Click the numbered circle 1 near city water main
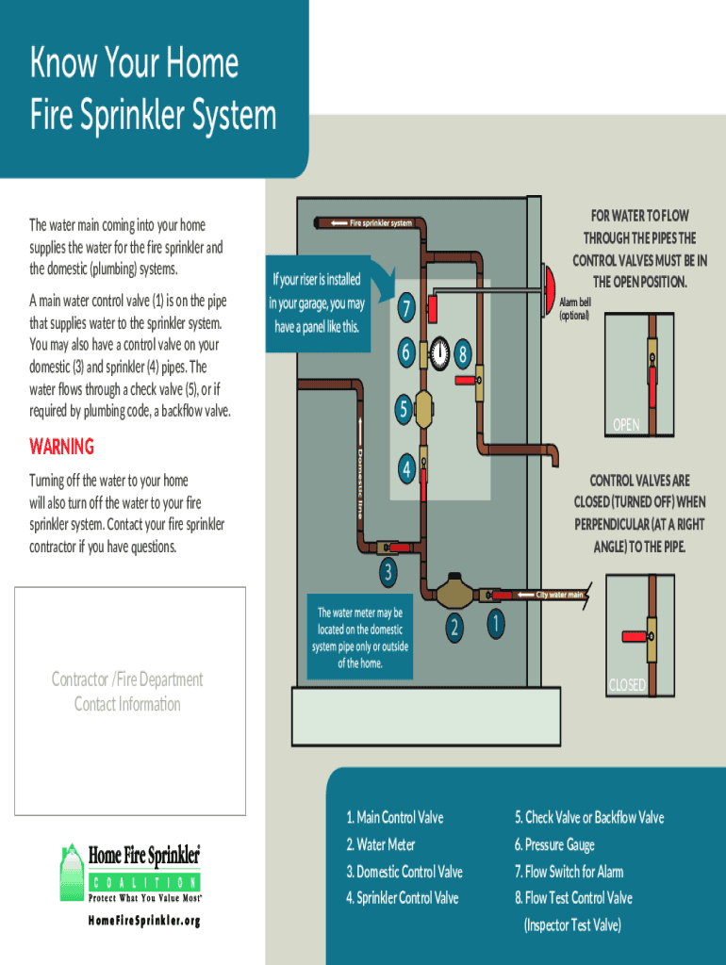click(x=496, y=624)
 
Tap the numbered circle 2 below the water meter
click(x=454, y=627)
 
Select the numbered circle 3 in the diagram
click(x=388, y=572)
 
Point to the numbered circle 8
click(x=463, y=354)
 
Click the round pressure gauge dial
click(x=439, y=353)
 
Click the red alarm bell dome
click(x=549, y=290)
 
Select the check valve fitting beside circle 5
click(x=423, y=409)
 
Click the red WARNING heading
click(x=61, y=446)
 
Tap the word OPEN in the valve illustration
click(x=626, y=425)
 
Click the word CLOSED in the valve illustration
click(x=628, y=685)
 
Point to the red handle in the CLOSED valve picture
click(x=635, y=636)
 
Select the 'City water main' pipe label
click(x=559, y=595)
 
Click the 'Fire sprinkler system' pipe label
click(x=381, y=222)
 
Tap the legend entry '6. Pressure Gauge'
click(x=554, y=845)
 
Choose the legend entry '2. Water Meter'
click(x=381, y=844)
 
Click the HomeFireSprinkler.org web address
click(x=144, y=921)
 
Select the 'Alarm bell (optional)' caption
click(x=575, y=309)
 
